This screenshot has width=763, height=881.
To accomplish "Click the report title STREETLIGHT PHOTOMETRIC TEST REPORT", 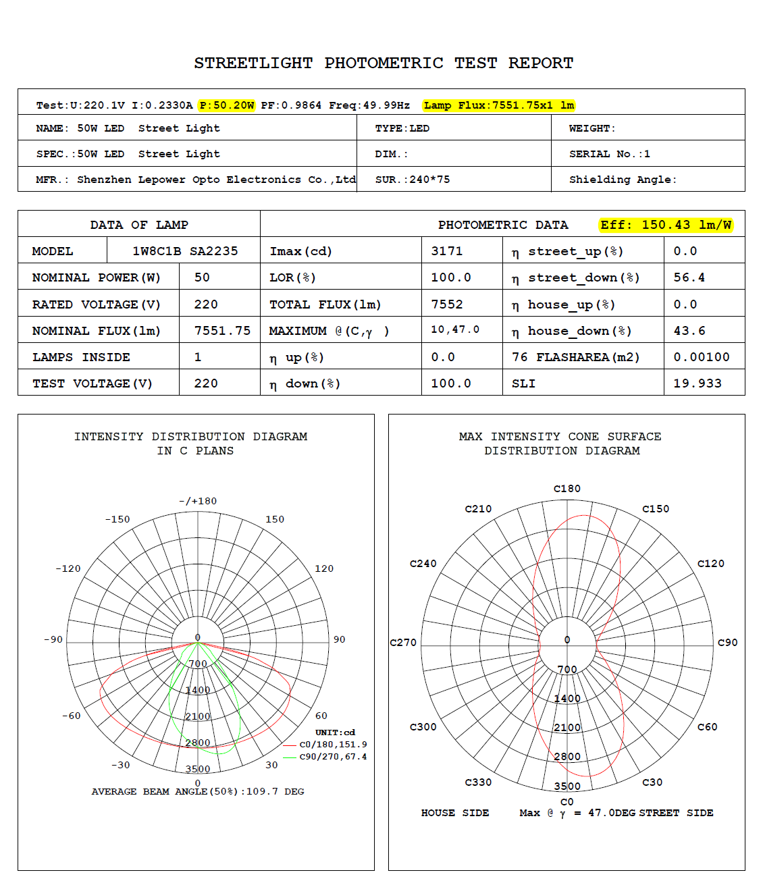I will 384,63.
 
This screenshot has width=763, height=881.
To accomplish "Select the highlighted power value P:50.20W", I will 227,105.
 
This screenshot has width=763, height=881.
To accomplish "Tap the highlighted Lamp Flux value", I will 499,105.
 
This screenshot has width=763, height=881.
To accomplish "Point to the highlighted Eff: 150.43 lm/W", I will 666,225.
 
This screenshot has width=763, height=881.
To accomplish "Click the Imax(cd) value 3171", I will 447,251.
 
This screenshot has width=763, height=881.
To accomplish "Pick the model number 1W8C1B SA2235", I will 185,251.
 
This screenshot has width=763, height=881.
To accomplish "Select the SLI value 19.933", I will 698,383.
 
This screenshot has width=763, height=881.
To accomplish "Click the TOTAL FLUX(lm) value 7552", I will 447,304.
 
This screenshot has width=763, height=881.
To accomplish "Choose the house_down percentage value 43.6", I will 689,331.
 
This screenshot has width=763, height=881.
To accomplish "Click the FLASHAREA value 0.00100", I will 702,357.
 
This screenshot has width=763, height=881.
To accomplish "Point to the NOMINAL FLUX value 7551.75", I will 222,331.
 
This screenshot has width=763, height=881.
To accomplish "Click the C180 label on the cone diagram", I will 567,489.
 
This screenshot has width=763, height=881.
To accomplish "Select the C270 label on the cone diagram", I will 403,643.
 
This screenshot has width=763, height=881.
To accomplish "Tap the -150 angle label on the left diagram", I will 117,519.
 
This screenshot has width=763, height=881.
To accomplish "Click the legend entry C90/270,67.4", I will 333,757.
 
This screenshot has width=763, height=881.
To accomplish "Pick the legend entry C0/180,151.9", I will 333,745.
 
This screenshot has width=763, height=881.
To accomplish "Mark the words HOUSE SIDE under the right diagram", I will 455,813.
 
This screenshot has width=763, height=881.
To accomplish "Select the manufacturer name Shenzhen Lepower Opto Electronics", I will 216,180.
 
